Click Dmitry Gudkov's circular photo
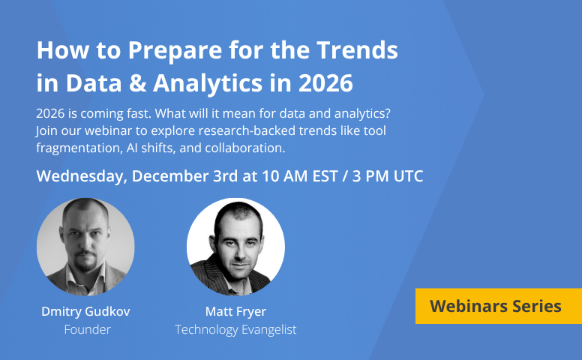(85, 247)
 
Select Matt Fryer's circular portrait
(235, 247)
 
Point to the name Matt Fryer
(235, 311)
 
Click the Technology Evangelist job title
(235, 329)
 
